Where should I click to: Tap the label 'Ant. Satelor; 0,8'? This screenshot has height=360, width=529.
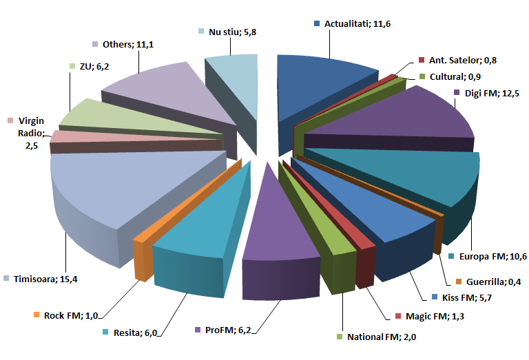coord(461,60)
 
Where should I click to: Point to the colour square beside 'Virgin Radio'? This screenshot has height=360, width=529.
coord(10,120)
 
